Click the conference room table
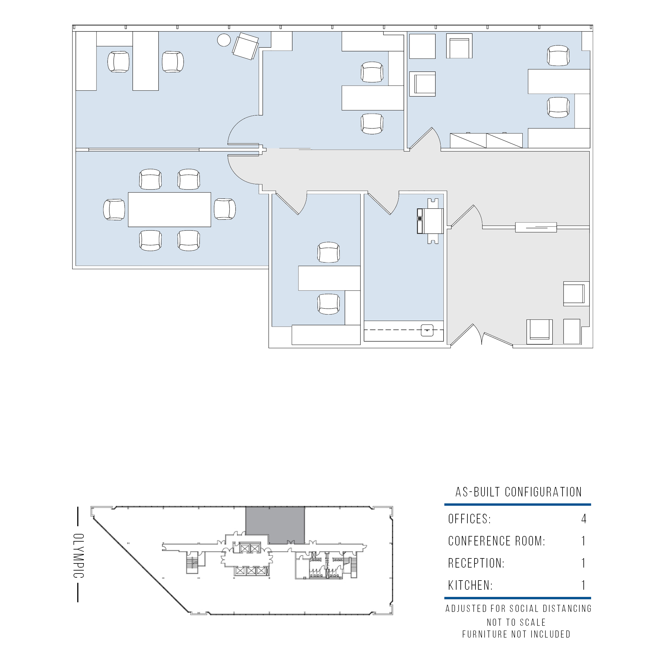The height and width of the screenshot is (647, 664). [x=169, y=210]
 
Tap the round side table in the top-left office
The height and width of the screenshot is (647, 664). [x=224, y=40]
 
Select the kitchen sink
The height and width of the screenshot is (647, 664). [x=427, y=331]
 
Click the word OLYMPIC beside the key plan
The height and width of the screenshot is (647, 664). [x=78, y=556]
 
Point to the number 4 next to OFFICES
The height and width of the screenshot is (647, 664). [x=584, y=519]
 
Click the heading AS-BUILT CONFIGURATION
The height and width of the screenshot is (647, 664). [x=519, y=492]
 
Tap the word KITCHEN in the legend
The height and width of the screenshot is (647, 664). [x=470, y=586]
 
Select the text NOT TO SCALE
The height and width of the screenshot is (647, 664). [x=516, y=622]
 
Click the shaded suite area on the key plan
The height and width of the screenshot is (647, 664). [x=275, y=525]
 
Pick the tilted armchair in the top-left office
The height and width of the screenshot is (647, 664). [x=245, y=46]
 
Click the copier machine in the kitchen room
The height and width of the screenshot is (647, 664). [x=431, y=221]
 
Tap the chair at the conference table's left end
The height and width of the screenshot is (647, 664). [x=114, y=210]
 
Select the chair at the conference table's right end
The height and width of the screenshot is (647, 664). [x=225, y=209]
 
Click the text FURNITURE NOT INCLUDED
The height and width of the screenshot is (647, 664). [x=516, y=634]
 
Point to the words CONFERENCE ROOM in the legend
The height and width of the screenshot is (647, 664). [x=496, y=541]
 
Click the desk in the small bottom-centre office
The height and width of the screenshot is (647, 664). [x=329, y=278]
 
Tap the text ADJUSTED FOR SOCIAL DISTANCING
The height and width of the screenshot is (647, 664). [x=518, y=609]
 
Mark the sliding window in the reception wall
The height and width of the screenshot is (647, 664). [x=536, y=227]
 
